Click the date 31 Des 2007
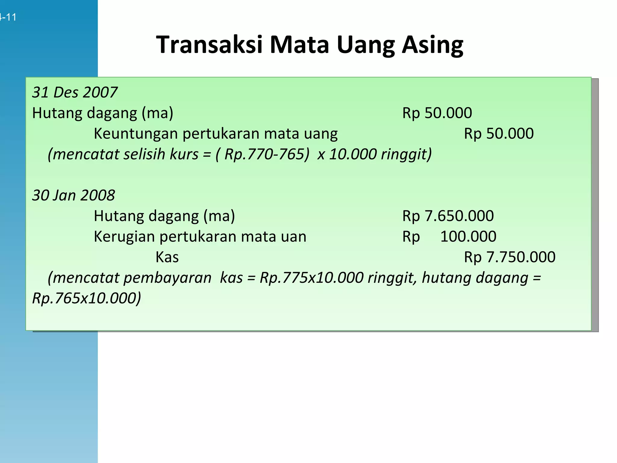[x=75, y=92]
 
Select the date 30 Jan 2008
[x=74, y=195]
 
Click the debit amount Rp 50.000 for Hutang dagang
[x=437, y=113]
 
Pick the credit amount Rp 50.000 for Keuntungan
[x=499, y=134]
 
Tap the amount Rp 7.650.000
[x=448, y=216]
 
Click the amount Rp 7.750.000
[x=509, y=257]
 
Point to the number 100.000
[x=468, y=237]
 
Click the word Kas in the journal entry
[x=167, y=257]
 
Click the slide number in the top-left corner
[x=8, y=17]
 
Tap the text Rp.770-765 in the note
[x=267, y=154]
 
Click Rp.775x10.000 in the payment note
[x=312, y=278]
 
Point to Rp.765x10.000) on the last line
[x=86, y=298]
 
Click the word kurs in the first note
[x=184, y=154]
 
